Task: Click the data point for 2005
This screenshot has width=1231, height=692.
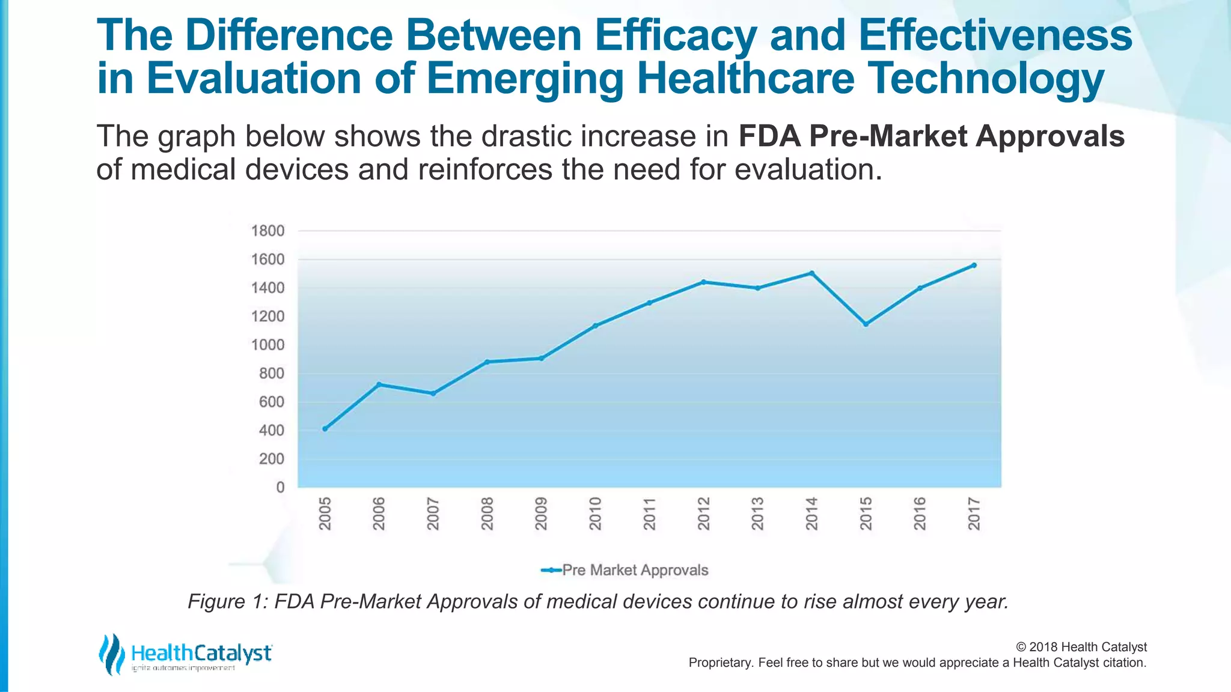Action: tap(325, 428)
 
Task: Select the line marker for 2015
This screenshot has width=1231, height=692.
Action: tap(866, 324)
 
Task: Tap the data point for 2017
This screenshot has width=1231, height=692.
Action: tap(974, 265)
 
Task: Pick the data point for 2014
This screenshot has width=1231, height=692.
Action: tap(811, 273)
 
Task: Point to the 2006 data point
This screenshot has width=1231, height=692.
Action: tap(379, 384)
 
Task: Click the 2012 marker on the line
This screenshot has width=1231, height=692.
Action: tap(703, 282)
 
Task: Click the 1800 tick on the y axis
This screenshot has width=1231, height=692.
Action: tap(267, 231)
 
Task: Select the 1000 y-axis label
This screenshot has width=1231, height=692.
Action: tap(267, 345)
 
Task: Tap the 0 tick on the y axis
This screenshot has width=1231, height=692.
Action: tap(280, 487)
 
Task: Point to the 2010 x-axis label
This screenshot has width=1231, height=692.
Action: tap(596, 514)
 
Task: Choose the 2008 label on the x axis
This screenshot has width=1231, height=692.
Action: tap(487, 514)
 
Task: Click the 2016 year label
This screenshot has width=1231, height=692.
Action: tap(920, 514)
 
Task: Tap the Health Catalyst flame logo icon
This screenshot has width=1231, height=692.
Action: tap(111, 654)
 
